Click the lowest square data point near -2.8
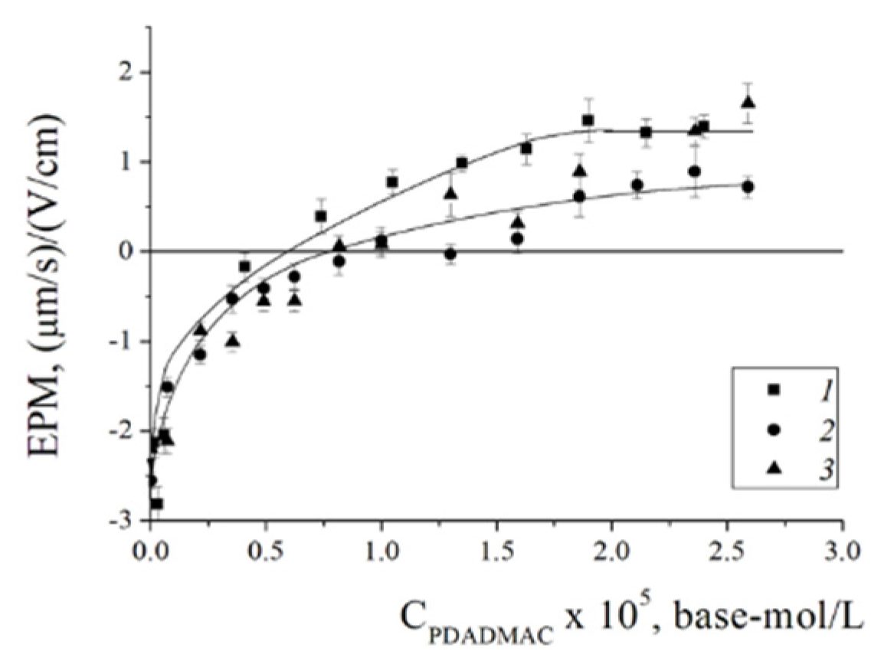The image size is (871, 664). coord(157,503)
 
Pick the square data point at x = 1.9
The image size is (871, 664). coord(588,120)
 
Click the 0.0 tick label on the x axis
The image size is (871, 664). coord(151,551)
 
